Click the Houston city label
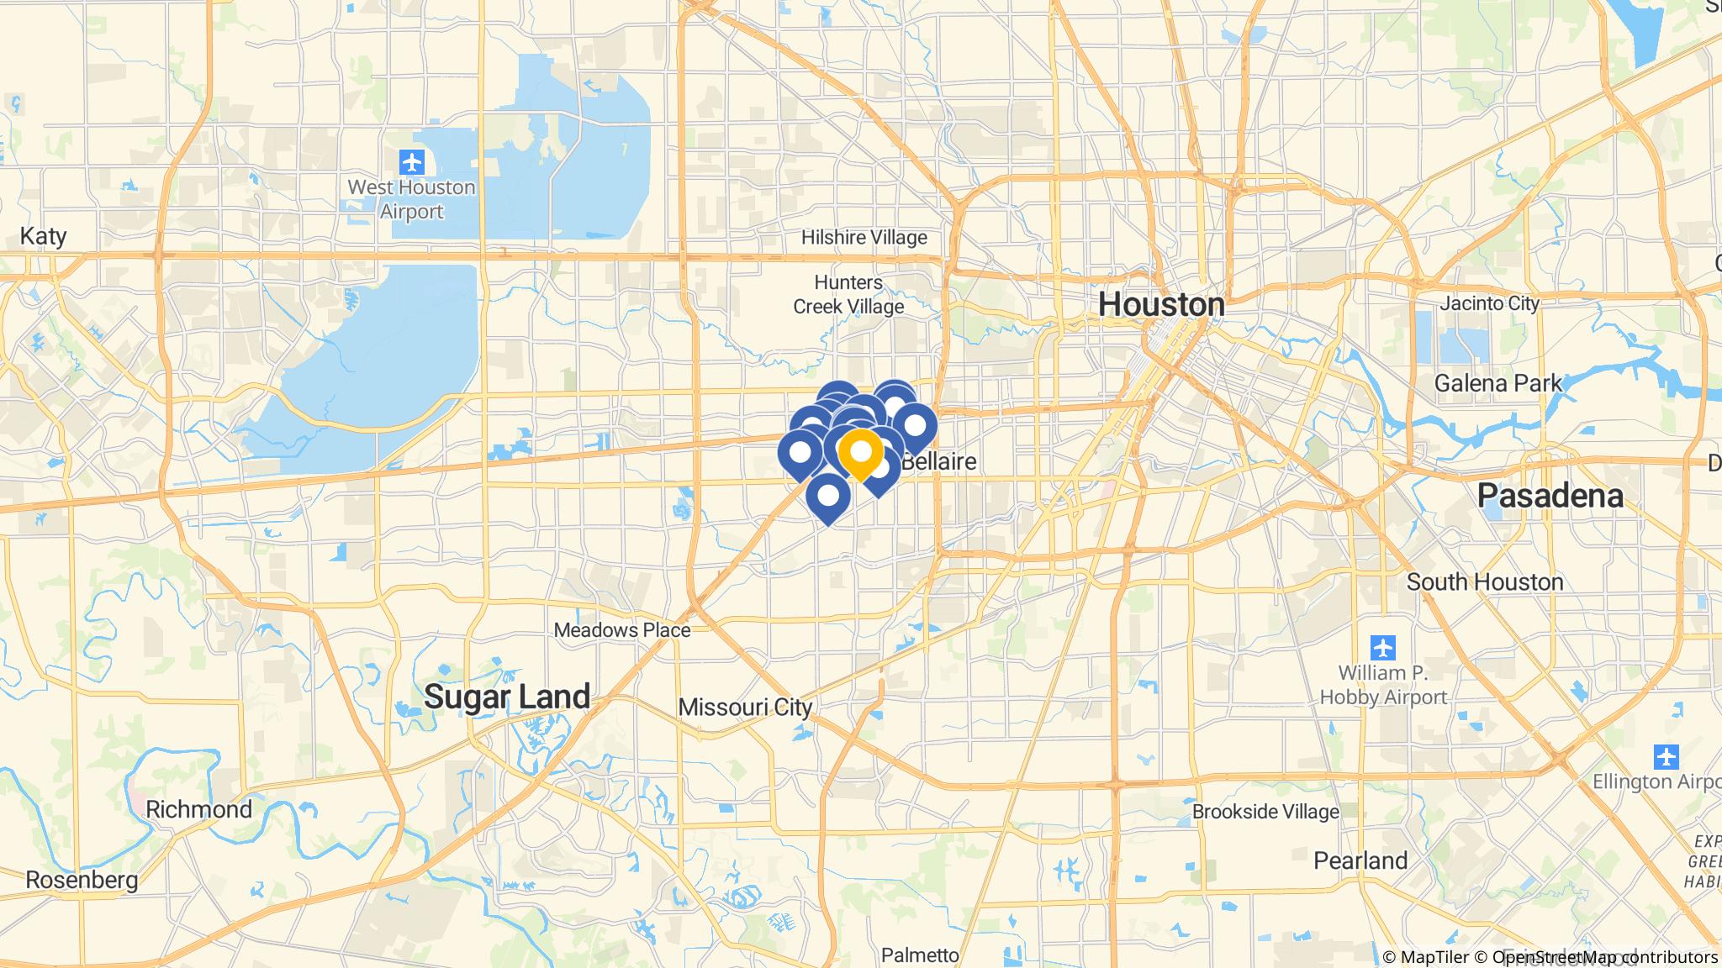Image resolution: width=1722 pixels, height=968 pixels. pyautogui.click(x=1161, y=305)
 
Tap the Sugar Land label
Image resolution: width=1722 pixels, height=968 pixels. pyautogui.click(x=507, y=697)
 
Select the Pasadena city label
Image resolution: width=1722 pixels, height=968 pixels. pyautogui.click(x=1550, y=496)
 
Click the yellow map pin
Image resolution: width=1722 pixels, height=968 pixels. pyautogui.click(x=861, y=453)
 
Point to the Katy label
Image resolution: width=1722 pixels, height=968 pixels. pyautogui.click(x=43, y=236)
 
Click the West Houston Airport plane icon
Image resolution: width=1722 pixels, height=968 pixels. pyautogui.click(x=412, y=160)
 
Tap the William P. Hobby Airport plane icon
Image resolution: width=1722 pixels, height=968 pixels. pyautogui.click(x=1383, y=648)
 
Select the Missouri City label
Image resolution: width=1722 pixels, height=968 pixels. pyautogui.click(x=745, y=708)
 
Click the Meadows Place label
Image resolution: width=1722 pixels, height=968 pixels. pyautogui.click(x=622, y=630)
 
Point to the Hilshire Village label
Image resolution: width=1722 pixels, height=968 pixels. pyautogui.click(x=864, y=238)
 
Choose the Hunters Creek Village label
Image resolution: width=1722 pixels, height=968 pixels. pyautogui.click(x=848, y=294)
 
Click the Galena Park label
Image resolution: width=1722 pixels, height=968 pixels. pyautogui.click(x=1498, y=383)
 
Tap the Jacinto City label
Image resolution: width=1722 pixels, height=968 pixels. pyautogui.click(x=1489, y=303)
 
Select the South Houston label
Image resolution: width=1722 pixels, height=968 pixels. pyautogui.click(x=1485, y=581)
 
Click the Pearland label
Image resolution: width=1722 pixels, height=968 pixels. pyautogui.click(x=1360, y=861)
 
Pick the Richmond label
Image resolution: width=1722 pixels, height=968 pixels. pyautogui.click(x=198, y=809)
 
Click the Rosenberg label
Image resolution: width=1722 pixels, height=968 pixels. pyautogui.click(x=82, y=880)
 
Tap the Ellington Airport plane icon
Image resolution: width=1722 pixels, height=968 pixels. pyautogui.click(x=1666, y=756)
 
